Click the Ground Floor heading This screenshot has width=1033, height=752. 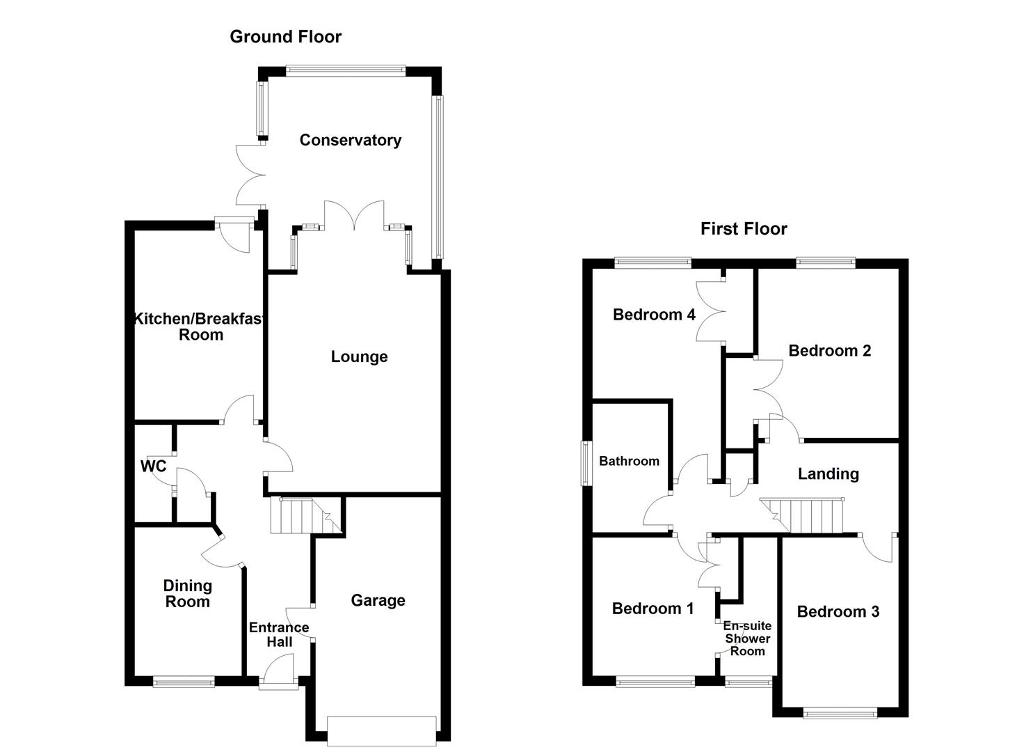pos(285,37)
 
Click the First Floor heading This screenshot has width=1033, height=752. pos(743,229)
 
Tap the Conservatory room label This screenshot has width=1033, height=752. pos(350,140)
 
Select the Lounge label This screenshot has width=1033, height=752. pos(359,357)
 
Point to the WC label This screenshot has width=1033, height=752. pos(153,466)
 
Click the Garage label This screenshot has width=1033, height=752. pos(378,600)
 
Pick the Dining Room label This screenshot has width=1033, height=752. pos(187,594)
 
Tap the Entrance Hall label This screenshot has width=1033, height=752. pos(279,634)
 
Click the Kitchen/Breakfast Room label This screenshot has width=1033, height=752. pos(200,327)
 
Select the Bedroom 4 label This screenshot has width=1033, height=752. pos(653,315)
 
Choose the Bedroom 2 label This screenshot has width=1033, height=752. pos(829,350)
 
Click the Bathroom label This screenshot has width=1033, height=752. pos(629,461)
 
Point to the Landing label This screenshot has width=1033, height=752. pos(828,474)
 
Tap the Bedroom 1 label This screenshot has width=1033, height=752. pos(652,609)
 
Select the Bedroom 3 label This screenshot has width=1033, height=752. pos(838,611)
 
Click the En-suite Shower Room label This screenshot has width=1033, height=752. pos(747,639)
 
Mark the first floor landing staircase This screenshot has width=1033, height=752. pos(807,515)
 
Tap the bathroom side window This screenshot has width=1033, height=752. pos(586,462)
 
